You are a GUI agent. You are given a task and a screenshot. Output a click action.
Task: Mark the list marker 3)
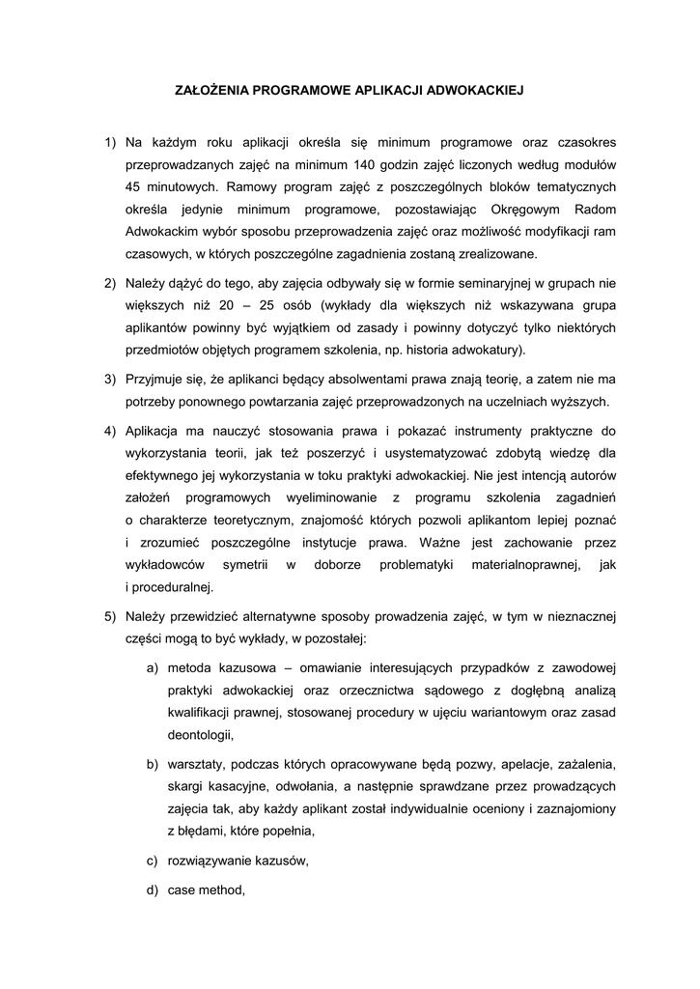[x=111, y=380]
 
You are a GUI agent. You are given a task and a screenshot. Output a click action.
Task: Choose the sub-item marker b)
[x=152, y=764]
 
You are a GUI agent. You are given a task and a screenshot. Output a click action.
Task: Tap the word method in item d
[x=224, y=890]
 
